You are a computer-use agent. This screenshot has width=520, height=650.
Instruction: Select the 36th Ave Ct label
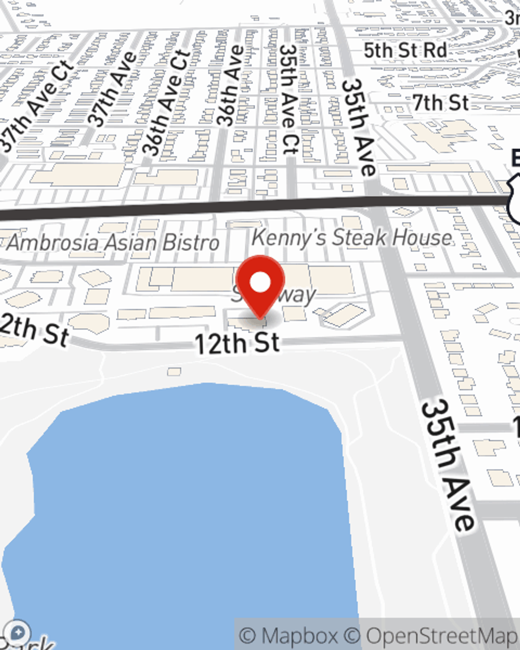coord(166,102)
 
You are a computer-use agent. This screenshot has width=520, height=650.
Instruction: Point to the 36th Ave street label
coord(230,86)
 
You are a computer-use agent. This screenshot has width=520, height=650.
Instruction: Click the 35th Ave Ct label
coord(289,99)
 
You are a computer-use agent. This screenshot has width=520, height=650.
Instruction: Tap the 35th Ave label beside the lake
coord(447,464)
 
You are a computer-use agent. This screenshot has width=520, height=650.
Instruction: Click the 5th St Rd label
coord(405,50)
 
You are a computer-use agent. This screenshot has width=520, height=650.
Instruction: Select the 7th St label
coord(440,103)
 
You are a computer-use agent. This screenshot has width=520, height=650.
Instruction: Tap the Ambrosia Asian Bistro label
coord(113,243)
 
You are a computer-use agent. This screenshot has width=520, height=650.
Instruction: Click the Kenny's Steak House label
coord(352,238)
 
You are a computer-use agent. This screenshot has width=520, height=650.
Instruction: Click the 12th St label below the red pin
coord(237,343)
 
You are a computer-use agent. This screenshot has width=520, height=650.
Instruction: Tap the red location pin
coord(260,283)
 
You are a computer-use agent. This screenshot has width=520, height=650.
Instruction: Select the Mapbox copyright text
coord(289,635)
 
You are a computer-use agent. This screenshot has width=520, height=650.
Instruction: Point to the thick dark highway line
coord(208,206)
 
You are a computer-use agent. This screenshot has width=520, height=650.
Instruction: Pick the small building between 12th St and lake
coord(174,371)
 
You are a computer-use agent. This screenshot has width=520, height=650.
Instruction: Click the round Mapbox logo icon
coord(19,632)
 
